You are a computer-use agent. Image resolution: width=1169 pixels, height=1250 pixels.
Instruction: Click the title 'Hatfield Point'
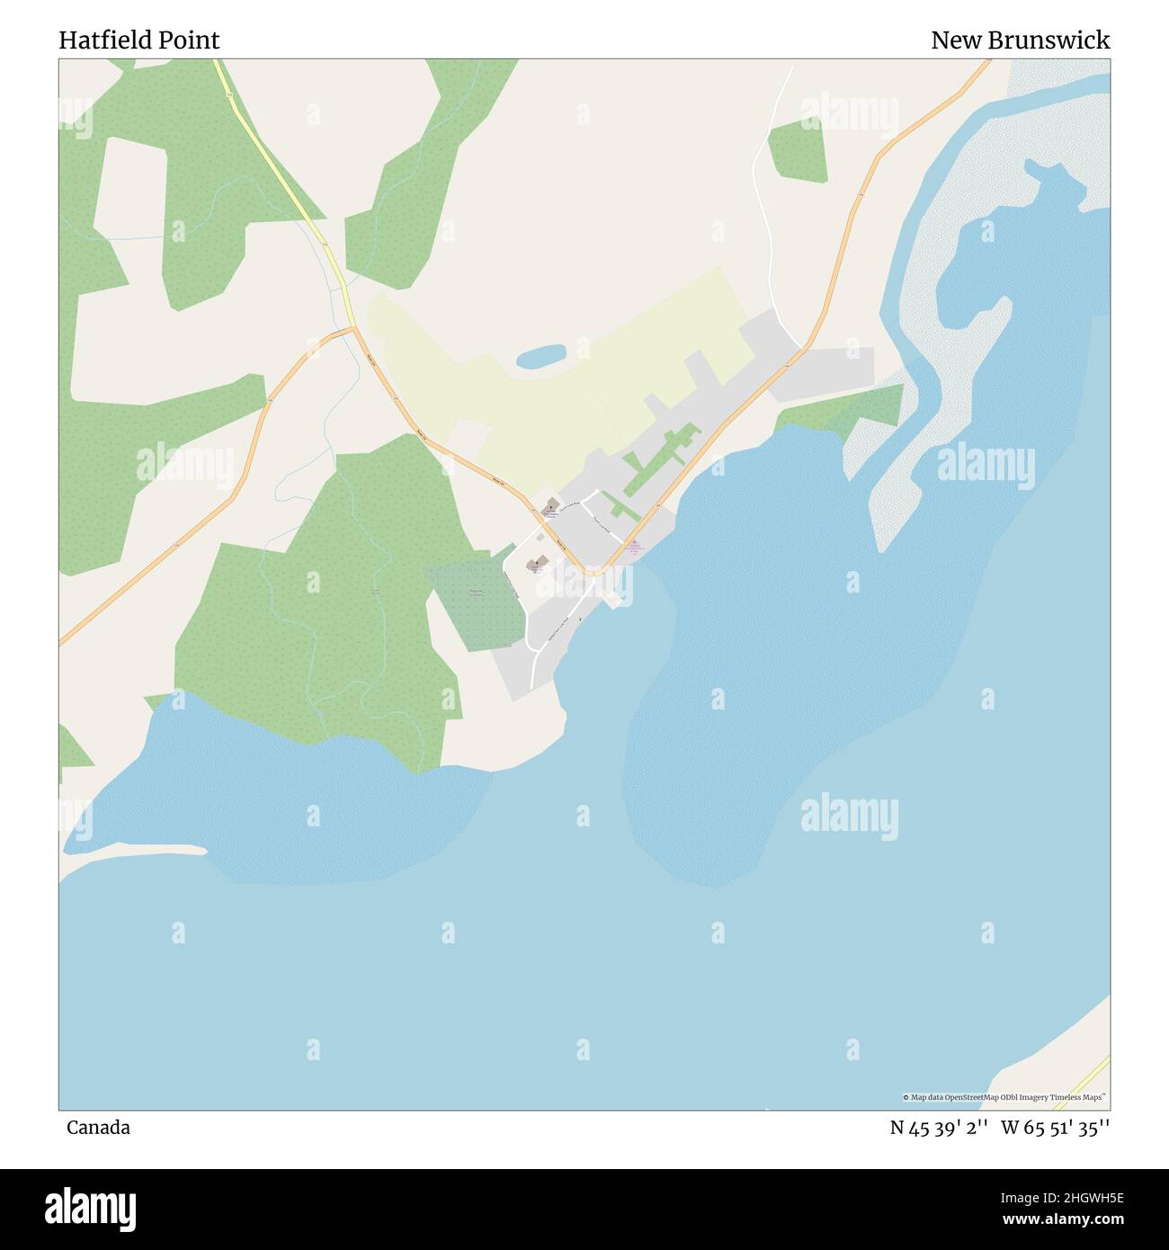click(139, 40)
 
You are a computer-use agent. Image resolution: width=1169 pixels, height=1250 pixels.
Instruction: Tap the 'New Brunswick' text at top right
click(1020, 40)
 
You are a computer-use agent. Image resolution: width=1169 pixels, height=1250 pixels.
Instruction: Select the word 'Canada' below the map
click(98, 1128)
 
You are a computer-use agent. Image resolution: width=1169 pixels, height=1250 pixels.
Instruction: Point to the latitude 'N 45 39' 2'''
click(940, 1128)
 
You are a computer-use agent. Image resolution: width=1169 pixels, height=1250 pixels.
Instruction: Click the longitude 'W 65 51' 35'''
click(1055, 1128)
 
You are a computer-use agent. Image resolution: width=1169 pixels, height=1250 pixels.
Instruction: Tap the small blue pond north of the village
click(540, 356)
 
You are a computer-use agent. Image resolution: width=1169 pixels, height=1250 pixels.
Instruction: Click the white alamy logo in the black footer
click(91, 1208)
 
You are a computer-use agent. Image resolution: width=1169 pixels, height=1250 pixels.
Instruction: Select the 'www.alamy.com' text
click(1044, 1219)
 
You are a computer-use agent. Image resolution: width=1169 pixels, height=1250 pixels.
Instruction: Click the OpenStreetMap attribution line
click(1004, 1097)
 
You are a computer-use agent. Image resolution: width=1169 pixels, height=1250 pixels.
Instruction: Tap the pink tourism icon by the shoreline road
click(634, 542)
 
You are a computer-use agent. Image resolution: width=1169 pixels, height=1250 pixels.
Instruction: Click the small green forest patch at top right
click(798, 150)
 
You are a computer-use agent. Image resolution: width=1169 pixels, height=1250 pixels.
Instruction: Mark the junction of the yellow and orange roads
click(353, 329)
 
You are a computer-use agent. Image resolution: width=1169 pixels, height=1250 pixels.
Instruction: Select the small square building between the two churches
click(540, 538)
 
